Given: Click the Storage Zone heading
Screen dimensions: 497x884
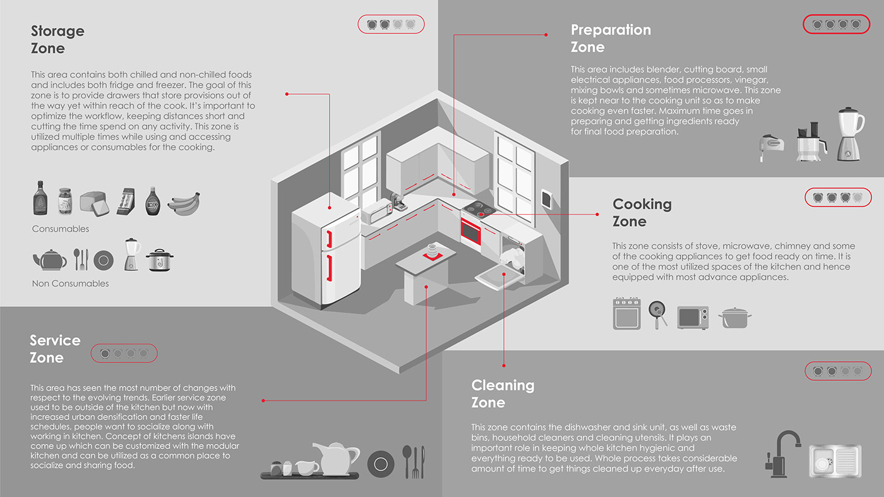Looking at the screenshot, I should click(57, 39).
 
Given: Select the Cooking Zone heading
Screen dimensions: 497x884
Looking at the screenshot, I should click(642, 213).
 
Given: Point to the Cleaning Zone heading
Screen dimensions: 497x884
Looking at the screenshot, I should click(503, 393).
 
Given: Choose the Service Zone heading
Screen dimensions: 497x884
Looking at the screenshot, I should click(55, 349).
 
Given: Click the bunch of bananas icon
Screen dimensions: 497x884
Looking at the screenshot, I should click(184, 203).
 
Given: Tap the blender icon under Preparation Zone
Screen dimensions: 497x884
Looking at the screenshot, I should click(850, 135).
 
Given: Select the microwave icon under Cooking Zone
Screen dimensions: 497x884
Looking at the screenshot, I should click(693, 317).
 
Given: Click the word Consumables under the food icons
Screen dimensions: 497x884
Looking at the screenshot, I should click(61, 229).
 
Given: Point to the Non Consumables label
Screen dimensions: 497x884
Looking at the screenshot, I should click(70, 284).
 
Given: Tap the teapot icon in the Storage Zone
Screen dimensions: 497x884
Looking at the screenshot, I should click(49, 259).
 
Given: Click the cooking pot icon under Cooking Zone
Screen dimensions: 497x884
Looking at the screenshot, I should click(734, 317).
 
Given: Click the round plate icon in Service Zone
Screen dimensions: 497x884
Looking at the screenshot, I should click(380, 464).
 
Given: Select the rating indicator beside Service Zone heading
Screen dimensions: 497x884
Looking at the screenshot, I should click(124, 353).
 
